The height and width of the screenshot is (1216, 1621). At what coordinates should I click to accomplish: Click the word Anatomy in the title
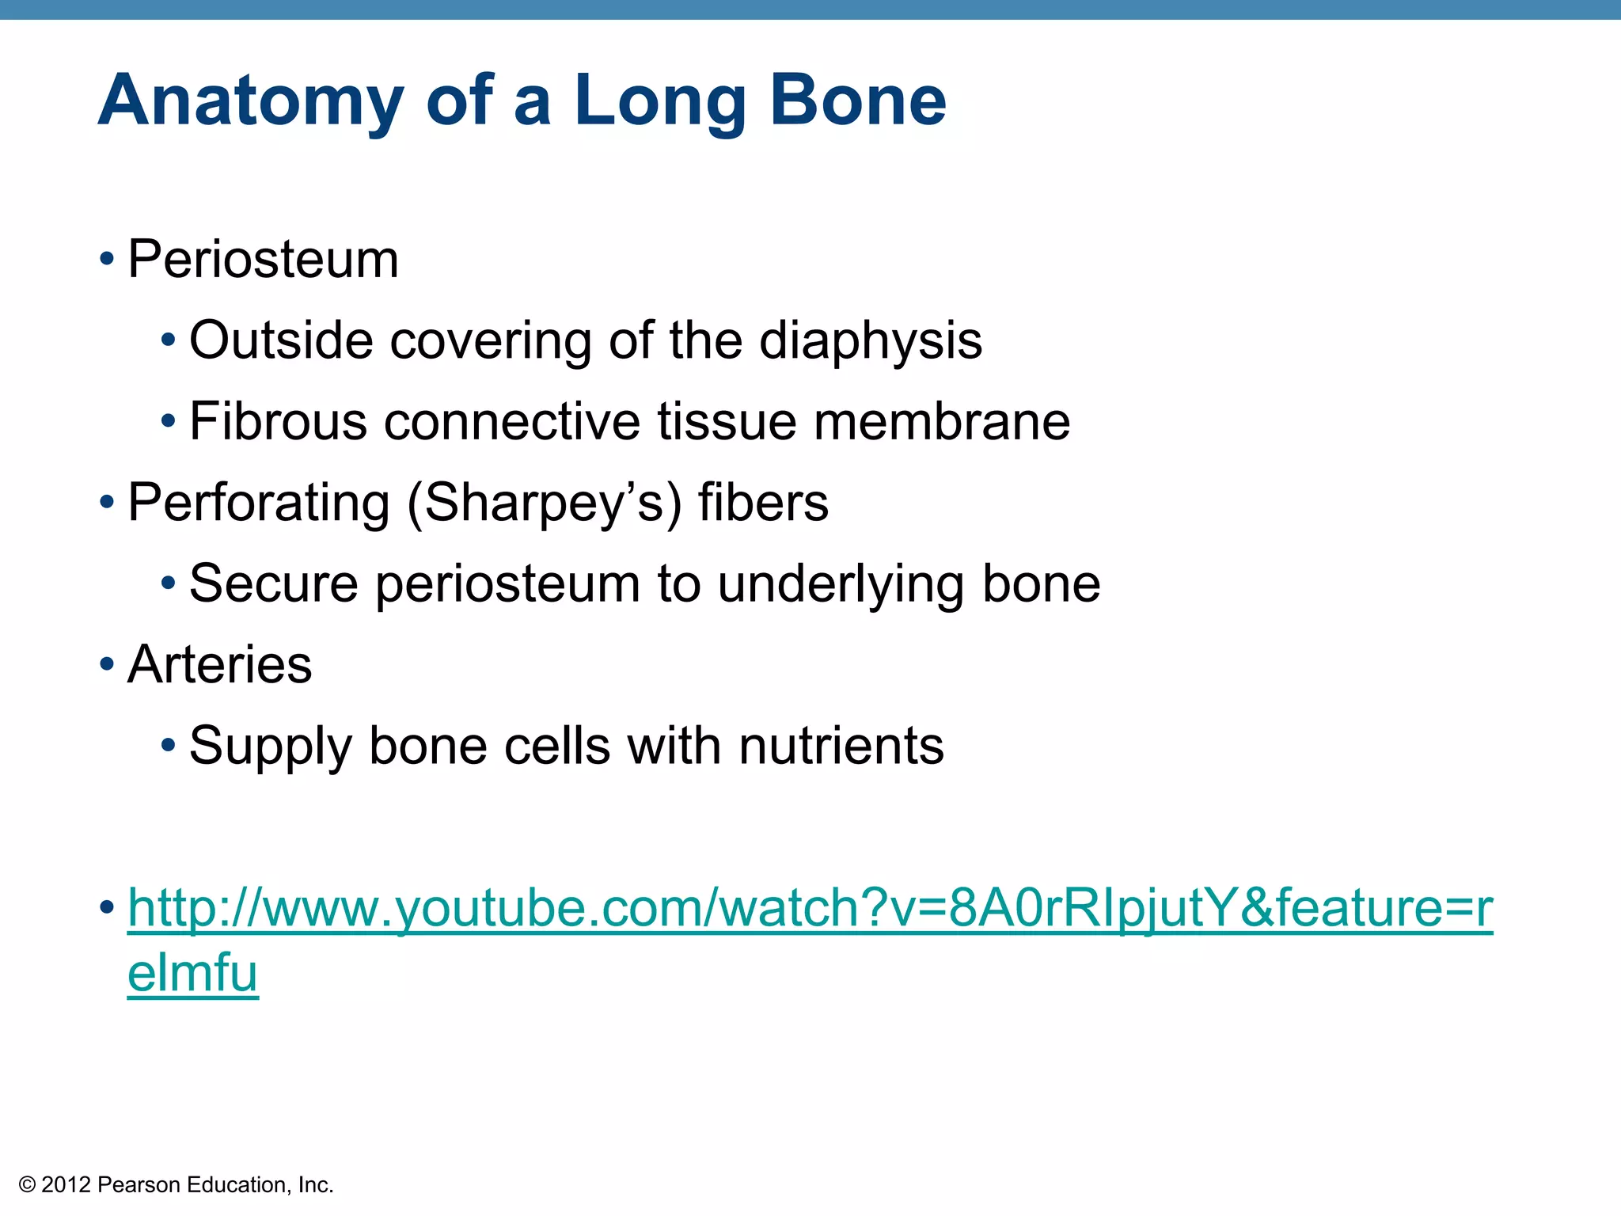pyautogui.click(x=250, y=101)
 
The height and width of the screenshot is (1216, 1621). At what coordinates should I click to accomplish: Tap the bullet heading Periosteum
pyautogui.click(x=263, y=259)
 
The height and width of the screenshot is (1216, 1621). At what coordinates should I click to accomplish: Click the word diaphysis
pyautogui.click(x=870, y=341)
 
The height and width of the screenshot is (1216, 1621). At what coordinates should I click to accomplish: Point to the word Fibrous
pyautogui.click(x=278, y=421)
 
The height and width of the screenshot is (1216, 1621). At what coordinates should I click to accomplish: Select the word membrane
pyautogui.click(x=941, y=421)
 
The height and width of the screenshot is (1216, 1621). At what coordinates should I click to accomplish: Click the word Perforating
pyautogui.click(x=258, y=503)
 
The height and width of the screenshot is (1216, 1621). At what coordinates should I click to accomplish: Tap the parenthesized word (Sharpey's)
pyautogui.click(x=544, y=503)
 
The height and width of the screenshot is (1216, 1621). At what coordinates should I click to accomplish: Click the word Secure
pyautogui.click(x=274, y=583)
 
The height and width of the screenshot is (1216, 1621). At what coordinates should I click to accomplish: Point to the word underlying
pyautogui.click(x=841, y=585)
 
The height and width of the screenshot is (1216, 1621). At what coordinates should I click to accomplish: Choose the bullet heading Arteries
pyautogui.click(x=220, y=664)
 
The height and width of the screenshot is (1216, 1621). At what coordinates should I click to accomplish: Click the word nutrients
pyautogui.click(x=841, y=746)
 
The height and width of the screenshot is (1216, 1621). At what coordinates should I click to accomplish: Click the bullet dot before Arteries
pyautogui.click(x=107, y=664)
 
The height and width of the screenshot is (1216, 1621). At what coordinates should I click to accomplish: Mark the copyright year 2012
pyautogui.click(x=66, y=1185)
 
